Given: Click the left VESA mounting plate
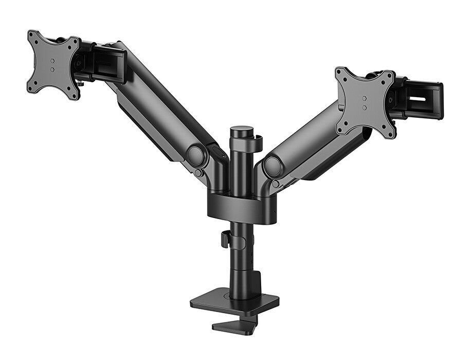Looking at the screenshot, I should point(53,65).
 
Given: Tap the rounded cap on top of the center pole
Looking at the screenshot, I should point(242,131).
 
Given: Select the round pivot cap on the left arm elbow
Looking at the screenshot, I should point(195,156).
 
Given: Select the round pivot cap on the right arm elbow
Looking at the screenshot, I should point(272,167).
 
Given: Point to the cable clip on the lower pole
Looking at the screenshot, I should point(225,240).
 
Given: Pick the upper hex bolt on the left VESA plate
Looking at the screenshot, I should point(53,60).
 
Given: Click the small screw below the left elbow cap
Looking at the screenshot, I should point(198,173).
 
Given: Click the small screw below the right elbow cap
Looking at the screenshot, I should point(276,184).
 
